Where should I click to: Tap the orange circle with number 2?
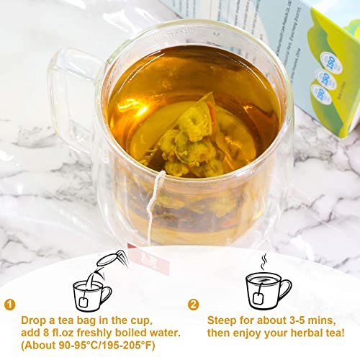coord(194,304)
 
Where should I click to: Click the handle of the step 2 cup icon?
coord(287,287)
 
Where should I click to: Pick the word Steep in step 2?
coord(224,319)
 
